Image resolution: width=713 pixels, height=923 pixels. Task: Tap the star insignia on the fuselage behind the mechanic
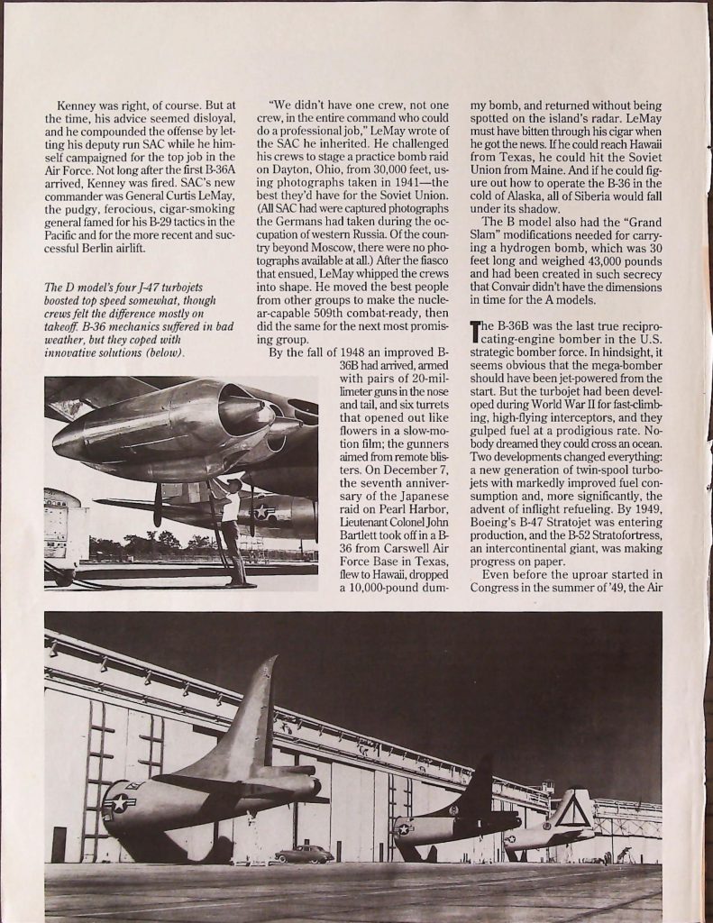pos(264,511)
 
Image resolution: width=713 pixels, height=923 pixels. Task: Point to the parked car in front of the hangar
pos(304,854)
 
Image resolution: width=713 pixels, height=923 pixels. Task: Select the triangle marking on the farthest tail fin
pos(572,814)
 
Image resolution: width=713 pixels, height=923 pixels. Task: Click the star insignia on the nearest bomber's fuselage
pos(119,801)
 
